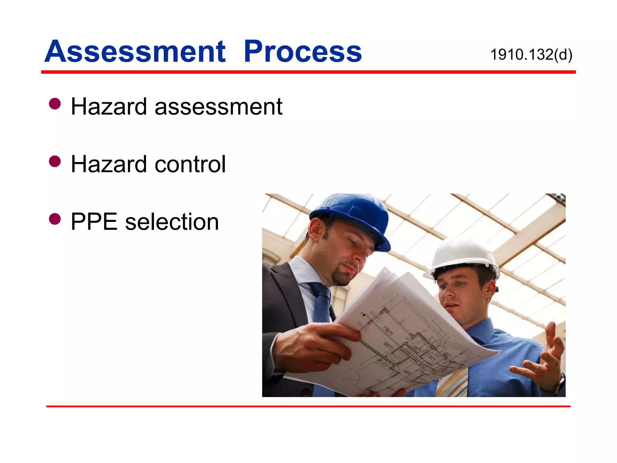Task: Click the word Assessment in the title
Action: [x=135, y=52]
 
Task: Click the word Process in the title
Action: [x=302, y=52]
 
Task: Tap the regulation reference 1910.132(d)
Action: [x=531, y=55]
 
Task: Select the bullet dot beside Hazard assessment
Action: [x=55, y=104]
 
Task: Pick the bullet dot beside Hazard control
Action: [x=55, y=161]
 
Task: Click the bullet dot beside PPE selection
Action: [x=55, y=219]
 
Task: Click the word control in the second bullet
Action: [x=190, y=164]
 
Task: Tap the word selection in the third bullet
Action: [x=172, y=222]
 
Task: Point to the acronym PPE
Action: [x=94, y=222]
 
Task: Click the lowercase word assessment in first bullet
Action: [x=218, y=107]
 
